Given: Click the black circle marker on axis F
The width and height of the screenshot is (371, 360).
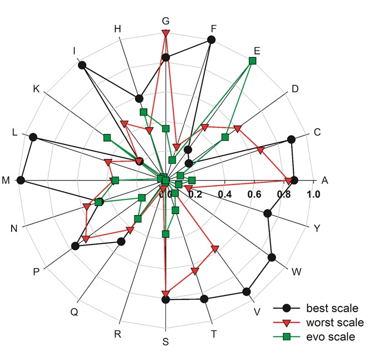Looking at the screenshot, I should click(211, 39).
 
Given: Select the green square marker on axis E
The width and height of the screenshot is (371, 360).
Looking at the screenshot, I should click(253, 60).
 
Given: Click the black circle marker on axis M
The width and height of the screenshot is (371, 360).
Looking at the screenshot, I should click(21, 180).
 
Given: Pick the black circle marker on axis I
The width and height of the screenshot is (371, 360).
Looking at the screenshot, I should click(82, 65).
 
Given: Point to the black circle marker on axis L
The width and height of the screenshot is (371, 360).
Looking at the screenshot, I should click(33, 137).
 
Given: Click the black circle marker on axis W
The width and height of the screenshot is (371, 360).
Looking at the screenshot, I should click(272, 257).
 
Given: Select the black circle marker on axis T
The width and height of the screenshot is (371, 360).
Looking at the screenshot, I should click(204, 299).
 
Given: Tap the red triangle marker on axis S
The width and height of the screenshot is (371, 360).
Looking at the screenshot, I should click(165, 293).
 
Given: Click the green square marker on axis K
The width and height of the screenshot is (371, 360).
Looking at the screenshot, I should click(107, 137).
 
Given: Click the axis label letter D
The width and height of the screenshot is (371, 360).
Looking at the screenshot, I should click(295, 89).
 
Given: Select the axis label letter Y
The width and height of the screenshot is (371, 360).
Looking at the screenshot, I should click(317, 228).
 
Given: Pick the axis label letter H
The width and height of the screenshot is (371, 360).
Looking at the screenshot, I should click(118, 28).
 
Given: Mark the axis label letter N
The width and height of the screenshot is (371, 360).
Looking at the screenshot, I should click(13, 228).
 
